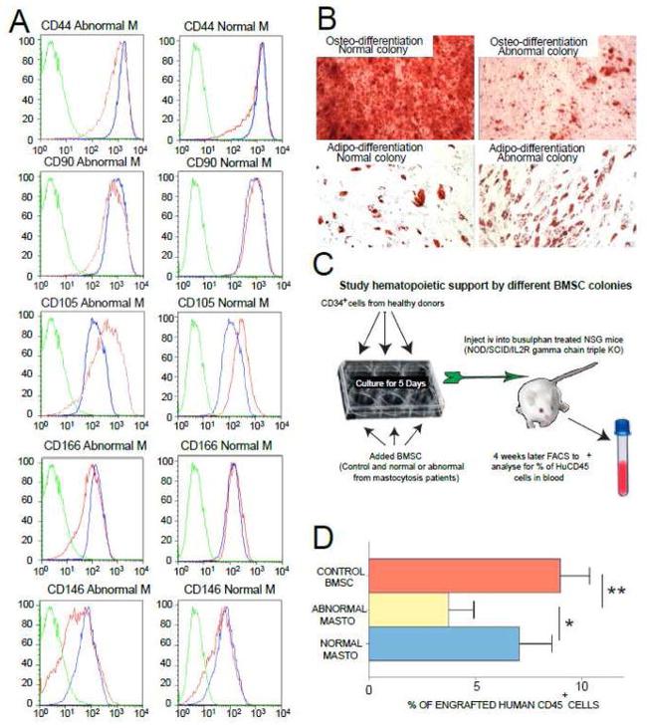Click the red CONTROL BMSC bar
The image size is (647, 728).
coord(464,574)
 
